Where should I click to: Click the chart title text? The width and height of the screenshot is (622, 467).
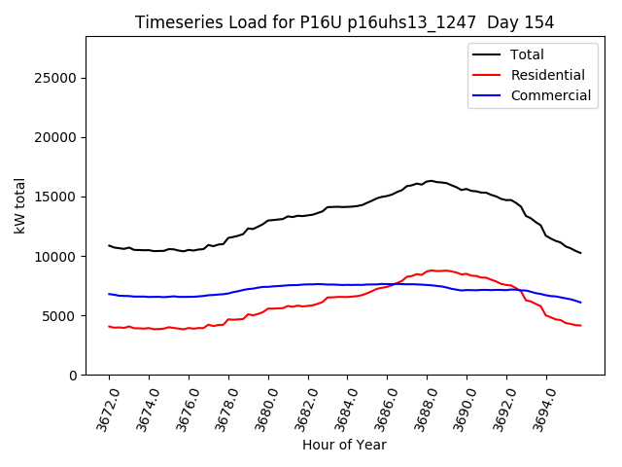pos(344,21)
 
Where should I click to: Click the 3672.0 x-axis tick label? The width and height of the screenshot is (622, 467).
pos(101,405)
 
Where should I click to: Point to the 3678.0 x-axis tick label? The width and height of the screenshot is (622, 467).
pos(221,405)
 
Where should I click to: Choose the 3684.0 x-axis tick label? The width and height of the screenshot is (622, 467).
pos(340,405)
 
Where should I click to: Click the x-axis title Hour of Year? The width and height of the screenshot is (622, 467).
pos(344,445)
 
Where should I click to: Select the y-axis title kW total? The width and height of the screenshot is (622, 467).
pos(19,205)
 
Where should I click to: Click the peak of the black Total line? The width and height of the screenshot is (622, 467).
pos(431,180)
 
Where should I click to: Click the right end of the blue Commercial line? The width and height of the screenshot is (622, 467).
pos(580,302)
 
